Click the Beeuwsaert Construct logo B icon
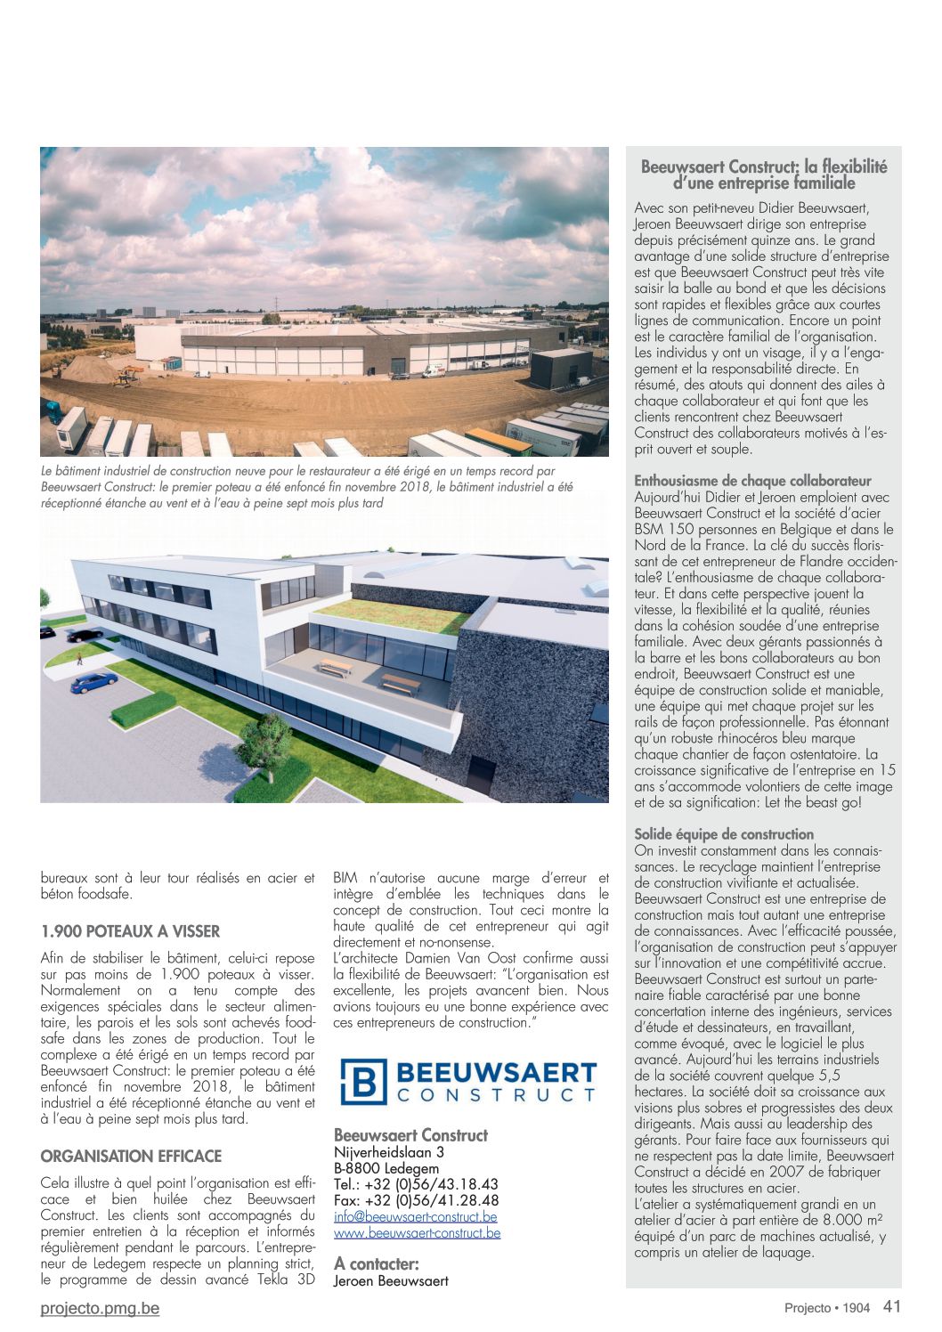pos(363,1081)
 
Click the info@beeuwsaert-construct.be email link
pos(415,1217)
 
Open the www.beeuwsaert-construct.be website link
pos(417,1233)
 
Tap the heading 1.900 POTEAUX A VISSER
pos(130,931)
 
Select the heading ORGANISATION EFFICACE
pos(131,1156)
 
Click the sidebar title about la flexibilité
pos(764,175)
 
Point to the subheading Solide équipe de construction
pos(724,834)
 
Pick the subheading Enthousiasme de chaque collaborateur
pos(752,482)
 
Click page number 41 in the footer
pos(892,1306)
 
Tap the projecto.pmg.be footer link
pos(100,1308)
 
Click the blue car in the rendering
pos(93,682)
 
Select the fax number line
pos(416,1200)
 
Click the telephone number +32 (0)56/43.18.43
pos(416,1184)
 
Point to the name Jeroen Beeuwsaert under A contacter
pos(391,1281)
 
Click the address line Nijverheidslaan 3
pos(389,1152)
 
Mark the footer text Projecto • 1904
pos(826,1308)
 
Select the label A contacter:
pos(376,1263)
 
